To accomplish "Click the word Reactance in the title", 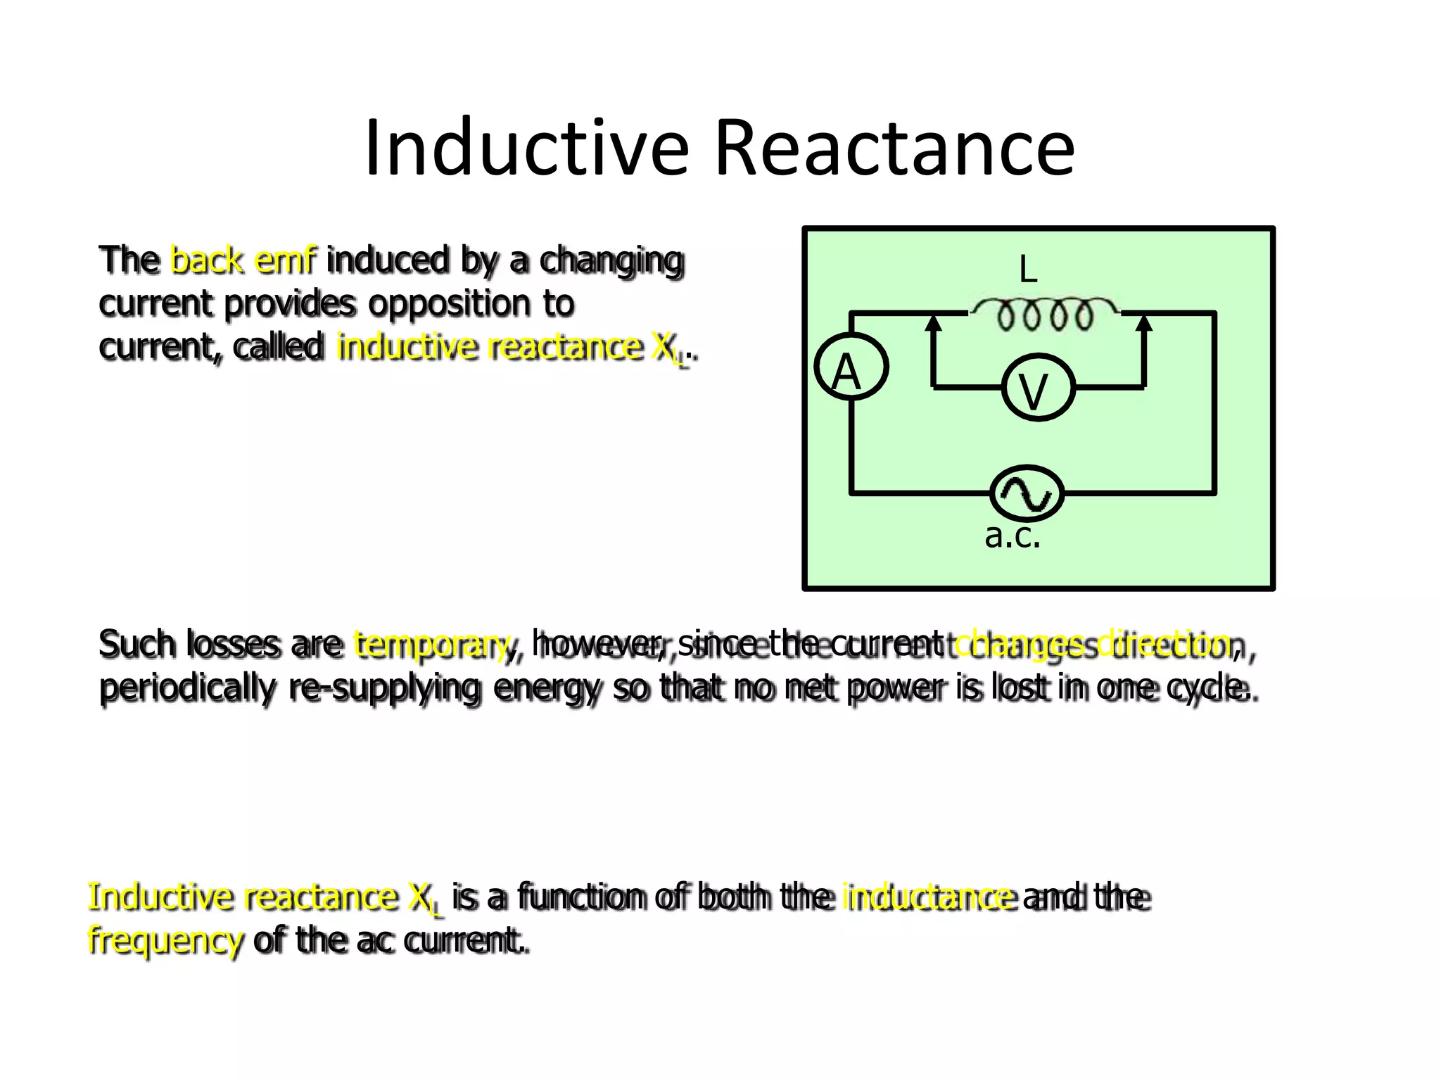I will pyautogui.click(x=894, y=148).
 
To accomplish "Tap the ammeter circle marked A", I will pyautogui.click(x=851, y=367).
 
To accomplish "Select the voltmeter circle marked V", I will pyautogui.click(x=1038, y=388).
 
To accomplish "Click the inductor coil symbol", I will pyautogui.click(x=1044, y=315).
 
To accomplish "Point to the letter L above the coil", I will pyautogui.click(x=1028, y=270).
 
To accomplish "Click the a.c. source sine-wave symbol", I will pyautogui.click(x=1027, y=494).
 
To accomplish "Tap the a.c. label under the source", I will pyautogui.click(x=1012, y=536).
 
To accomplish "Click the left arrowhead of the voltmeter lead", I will pyautogui.click(x=933, y=323).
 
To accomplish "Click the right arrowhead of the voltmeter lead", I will pyautogui.click(x=1144, y=323).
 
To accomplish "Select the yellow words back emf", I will pyautogui.click(x=243, y=260).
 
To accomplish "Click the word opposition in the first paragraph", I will pyautogui.click(x=450, y=304).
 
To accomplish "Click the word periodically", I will pyautogui.click(x=187, y=688).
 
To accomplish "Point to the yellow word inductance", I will pyautogui.click(x=929, y=897).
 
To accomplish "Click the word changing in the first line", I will pyautogui.click(x=611, y=260).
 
